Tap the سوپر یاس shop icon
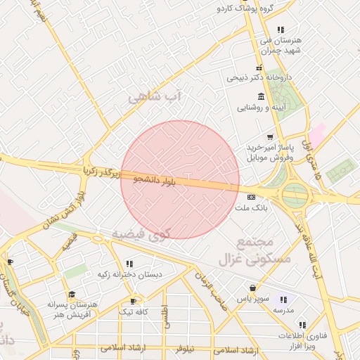252,288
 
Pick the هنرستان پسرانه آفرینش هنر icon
71,295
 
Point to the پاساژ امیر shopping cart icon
269,136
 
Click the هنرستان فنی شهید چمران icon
281,30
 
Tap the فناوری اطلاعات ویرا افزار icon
302,325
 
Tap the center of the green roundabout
295,195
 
